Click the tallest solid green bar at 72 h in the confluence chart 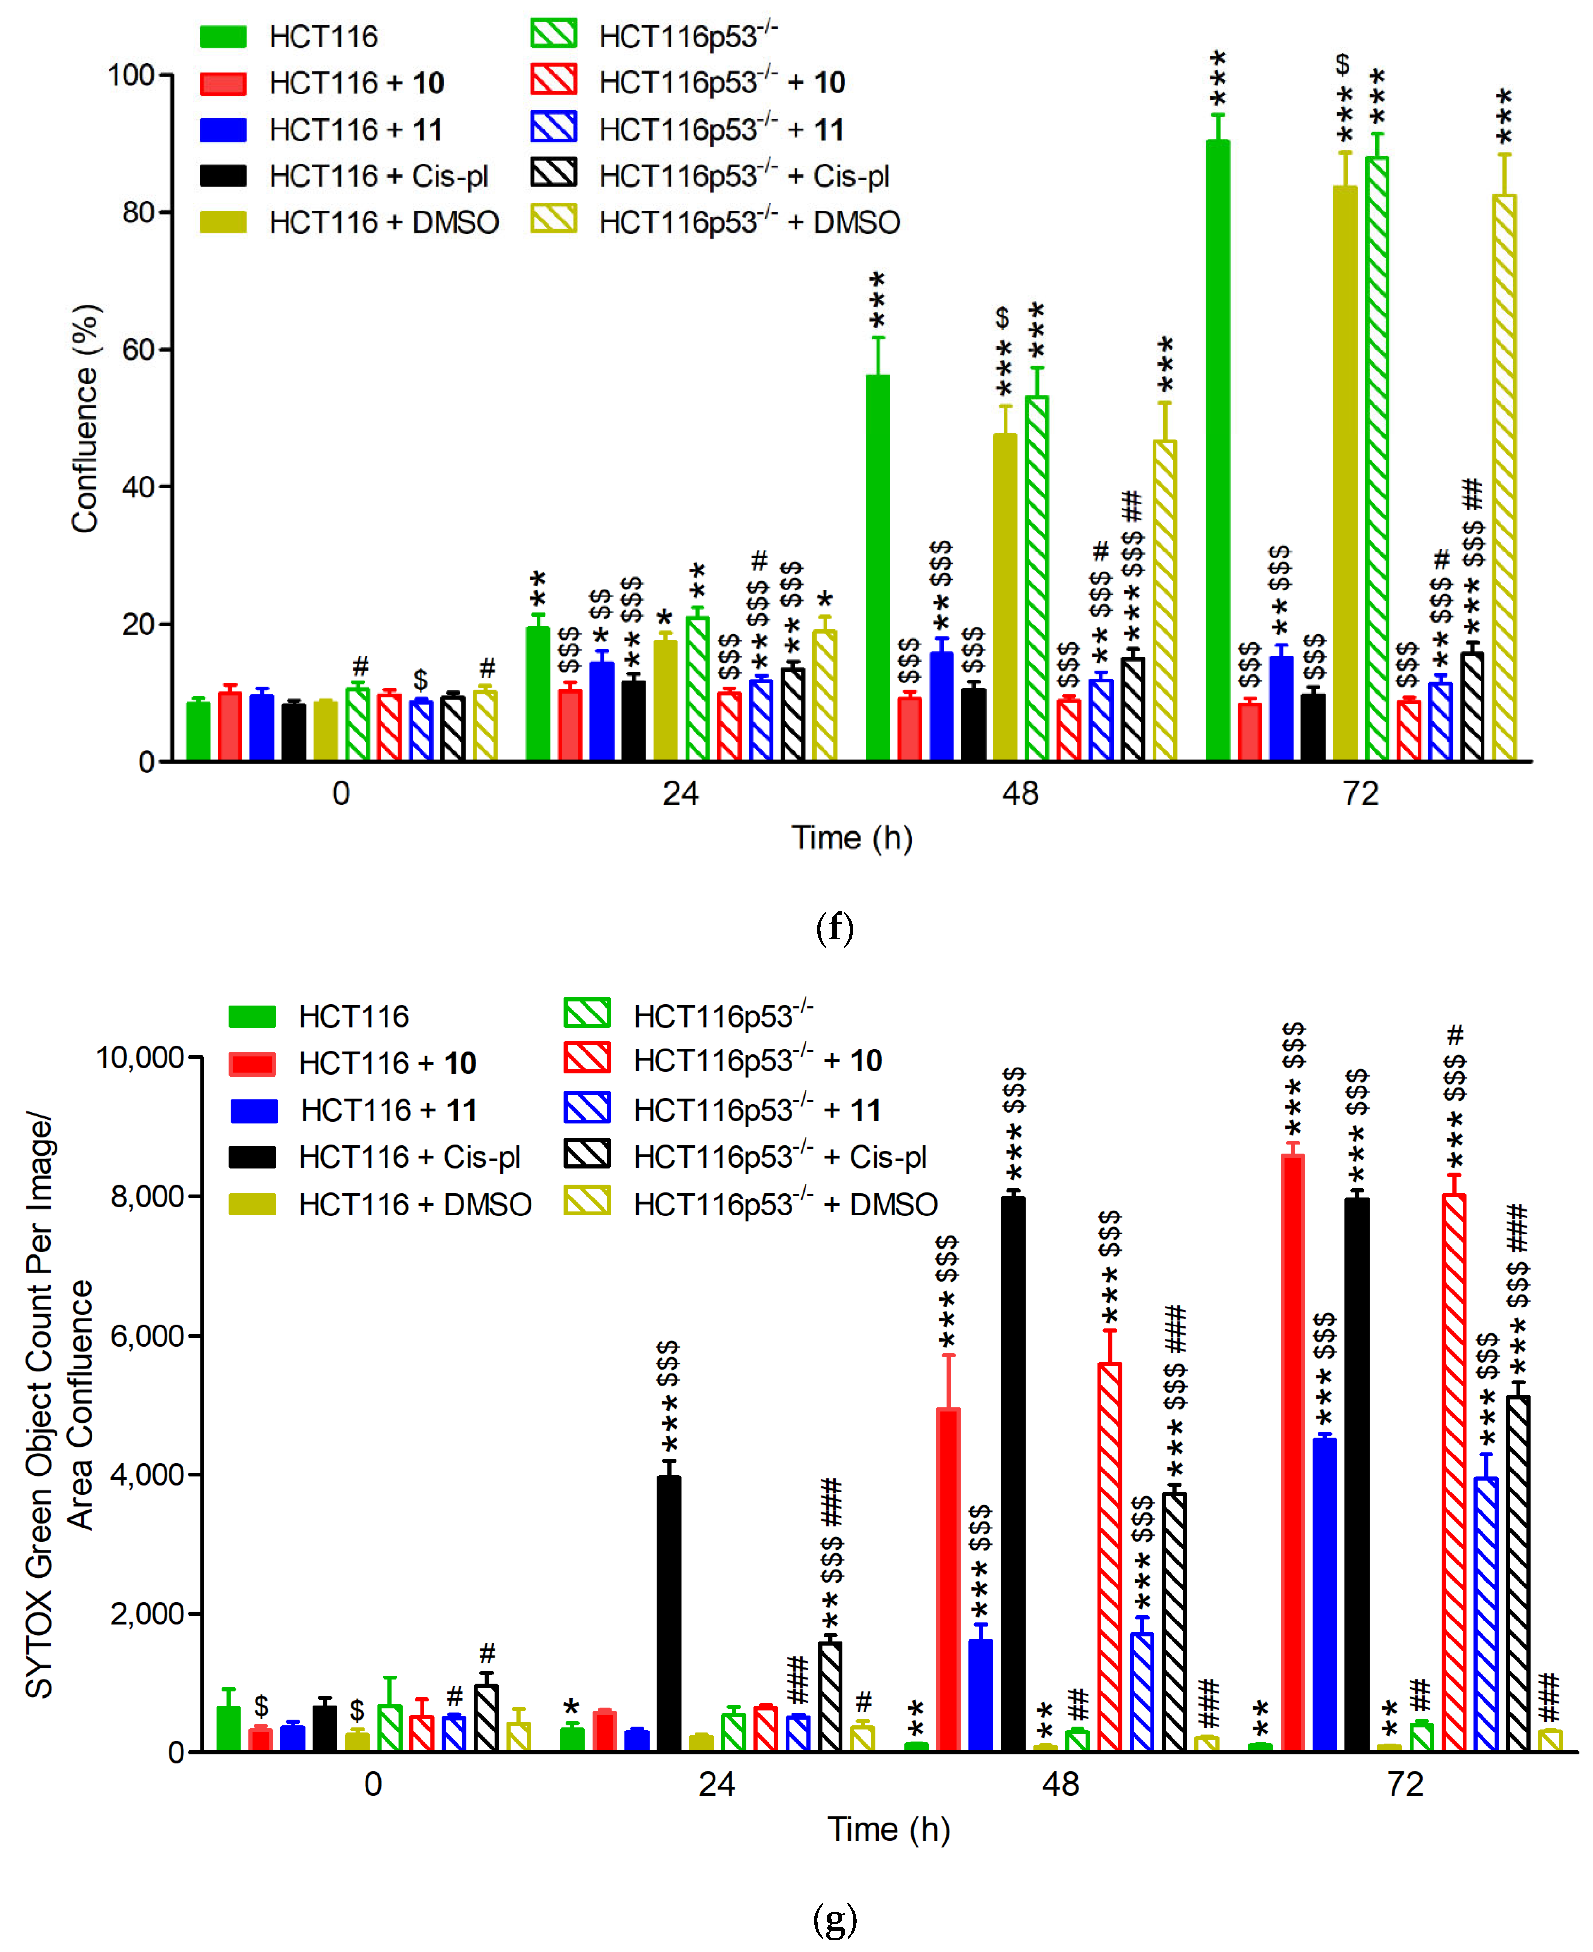[x=1218, y=450]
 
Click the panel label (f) [x=834, y=928]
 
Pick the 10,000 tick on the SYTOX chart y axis [x=140, y=1057]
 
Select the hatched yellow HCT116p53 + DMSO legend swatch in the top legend [x=554, y=220]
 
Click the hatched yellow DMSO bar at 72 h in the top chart [x=1504, y=477]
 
